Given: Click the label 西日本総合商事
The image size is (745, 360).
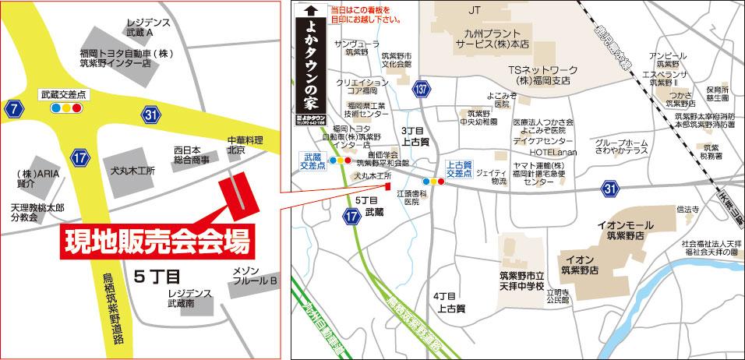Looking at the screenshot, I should [x=191, y=154].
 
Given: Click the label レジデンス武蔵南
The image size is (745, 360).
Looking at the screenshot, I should [x=189, y=298].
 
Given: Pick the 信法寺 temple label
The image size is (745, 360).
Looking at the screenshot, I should [x=687, y=209].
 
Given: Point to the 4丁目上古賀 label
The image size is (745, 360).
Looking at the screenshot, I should [x=449, y=302].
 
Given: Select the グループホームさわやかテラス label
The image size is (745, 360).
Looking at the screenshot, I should [x=621, y=147].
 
